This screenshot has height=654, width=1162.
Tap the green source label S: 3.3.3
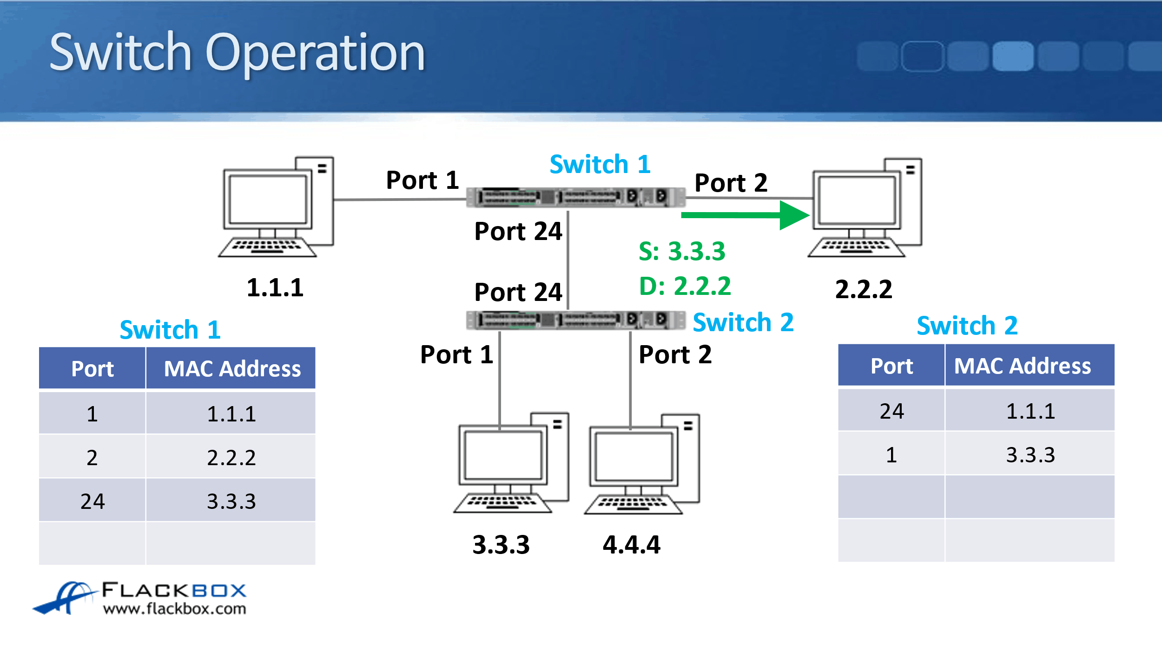point(681,252)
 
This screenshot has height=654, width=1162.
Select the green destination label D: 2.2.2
point(685,286)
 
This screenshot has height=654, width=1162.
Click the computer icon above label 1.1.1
point(277,207)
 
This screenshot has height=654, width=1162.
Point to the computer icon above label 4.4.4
point(642,464)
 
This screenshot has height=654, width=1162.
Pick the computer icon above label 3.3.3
point(511,463)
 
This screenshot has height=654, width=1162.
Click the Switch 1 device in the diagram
point(575,197)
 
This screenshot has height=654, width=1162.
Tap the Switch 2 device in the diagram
point(575,320)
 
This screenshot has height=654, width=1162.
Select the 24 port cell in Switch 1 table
point(92,501)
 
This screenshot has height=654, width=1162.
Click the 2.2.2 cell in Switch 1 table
point(231,458)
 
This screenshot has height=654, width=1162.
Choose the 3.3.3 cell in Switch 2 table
point(1030,455)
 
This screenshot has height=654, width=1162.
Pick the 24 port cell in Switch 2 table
point(891,411)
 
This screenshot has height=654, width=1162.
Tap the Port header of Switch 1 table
point(92,369)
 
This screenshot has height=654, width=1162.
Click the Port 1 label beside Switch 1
point(422,180)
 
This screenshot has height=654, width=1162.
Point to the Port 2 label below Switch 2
point(675,355)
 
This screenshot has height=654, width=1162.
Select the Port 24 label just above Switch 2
point(518,293)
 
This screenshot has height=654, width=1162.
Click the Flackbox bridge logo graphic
point(65,598)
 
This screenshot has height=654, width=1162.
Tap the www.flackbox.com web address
point(174,609)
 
